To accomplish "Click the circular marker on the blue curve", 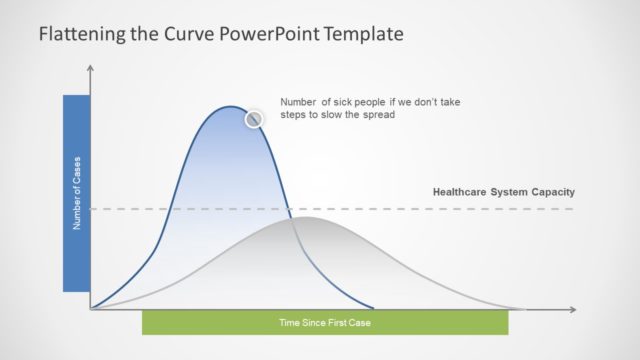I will (x=254, y=119).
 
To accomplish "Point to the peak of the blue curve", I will (x=231, y=106).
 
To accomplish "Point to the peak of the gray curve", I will (x=306, y=217).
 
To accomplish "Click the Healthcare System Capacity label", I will (x=503, y=192).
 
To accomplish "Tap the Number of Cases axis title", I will (x=76, y=194).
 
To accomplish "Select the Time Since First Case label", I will (x=324, y=323).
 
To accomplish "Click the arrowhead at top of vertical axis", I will (x=91, y=69).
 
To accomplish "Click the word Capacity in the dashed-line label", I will (x=552, y=192).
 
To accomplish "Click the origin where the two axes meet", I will (x=91, y=309).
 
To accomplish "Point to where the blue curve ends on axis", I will (x=374, y=308).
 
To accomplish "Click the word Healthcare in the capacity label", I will (x=462, y=192).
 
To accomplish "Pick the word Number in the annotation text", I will (x=298, y=102).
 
